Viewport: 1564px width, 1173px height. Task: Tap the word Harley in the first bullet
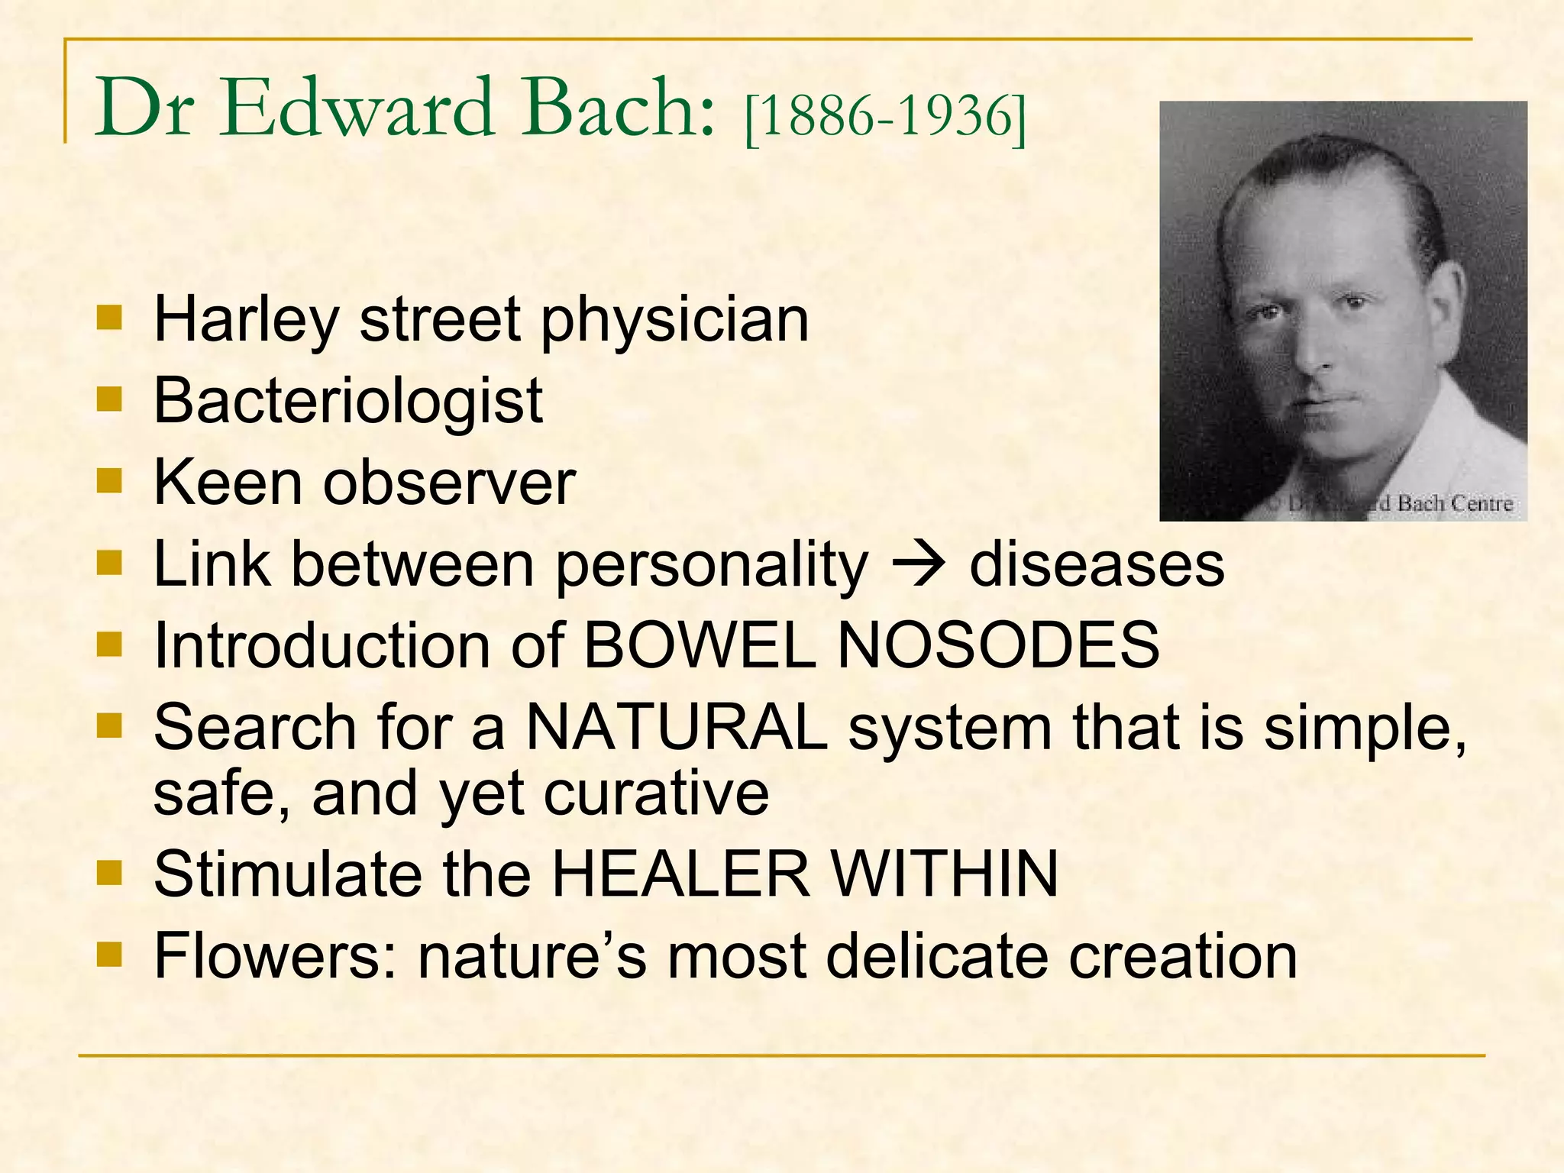click(x=246, y=321)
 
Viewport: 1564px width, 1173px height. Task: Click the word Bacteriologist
click(x=348, y=400)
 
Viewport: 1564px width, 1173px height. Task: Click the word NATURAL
click(x=677, y=728)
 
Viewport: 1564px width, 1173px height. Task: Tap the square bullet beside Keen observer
click(x=110, y=481)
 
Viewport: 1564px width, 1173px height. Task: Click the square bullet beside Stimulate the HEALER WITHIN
click(x=110, y=871)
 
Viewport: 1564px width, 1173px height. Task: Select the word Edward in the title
click(x=357, y=108)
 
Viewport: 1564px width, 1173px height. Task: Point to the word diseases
click(x=1097, y=565)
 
